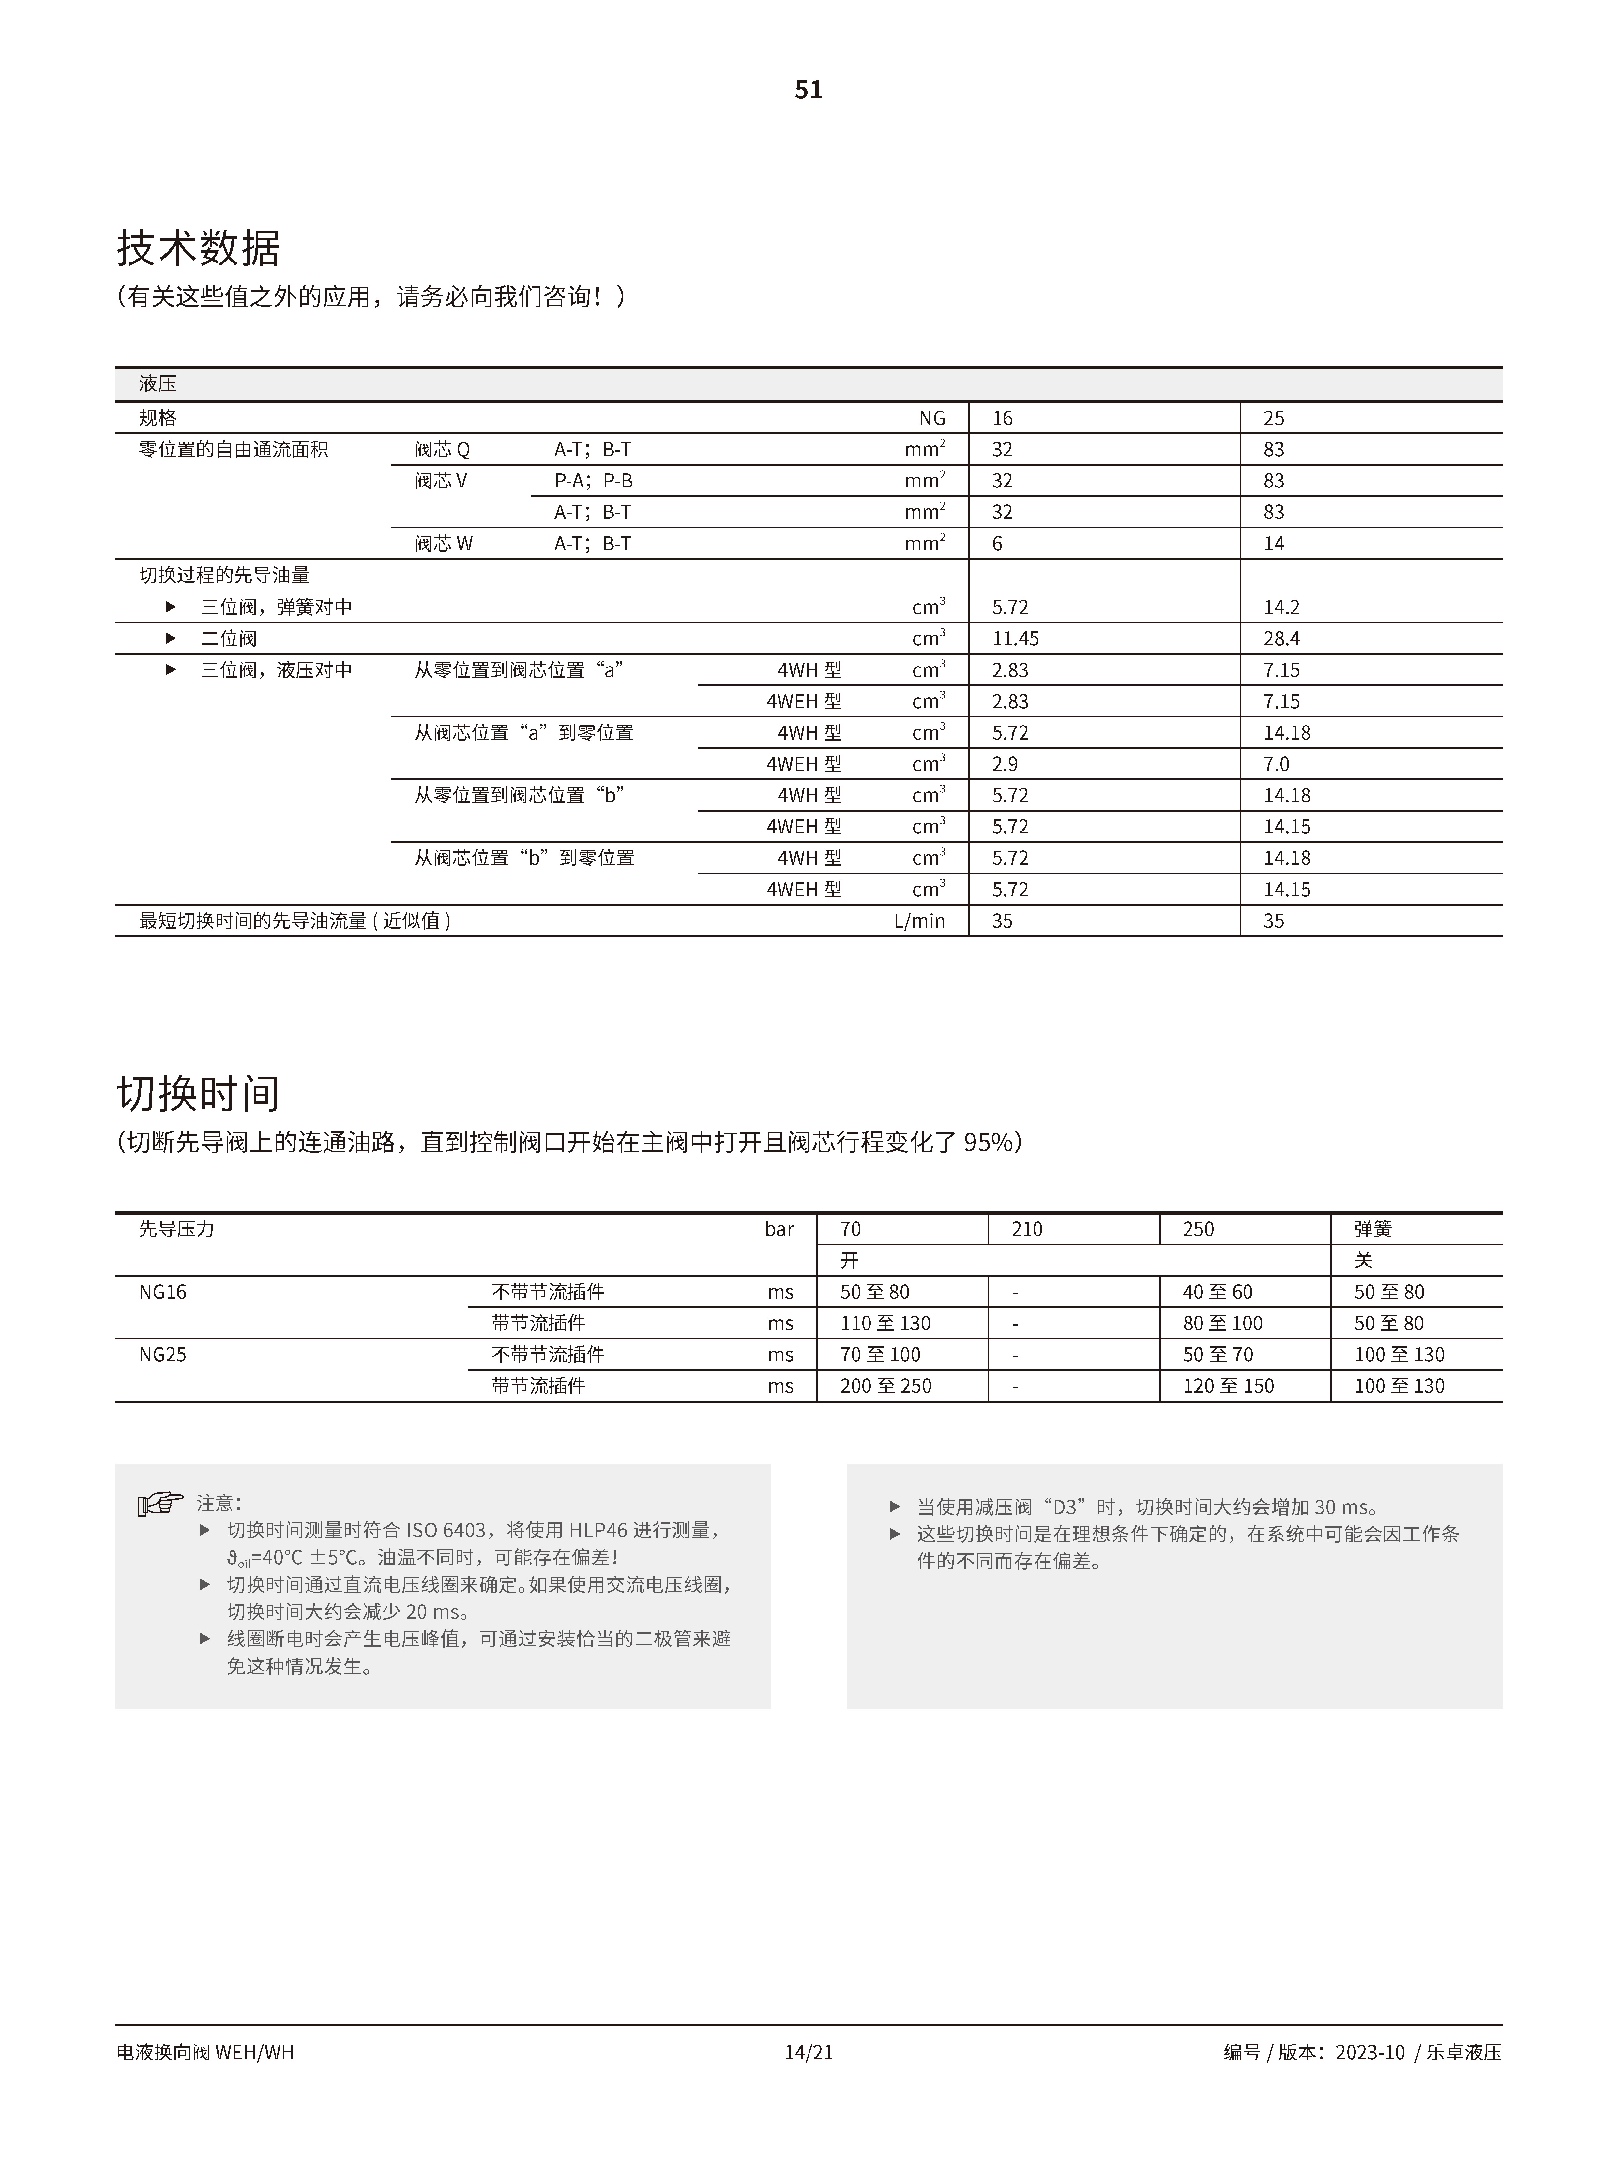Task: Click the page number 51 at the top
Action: coord(809,90)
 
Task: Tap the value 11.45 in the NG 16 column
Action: coord(1015,639)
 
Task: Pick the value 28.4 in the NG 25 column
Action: coord(1281,639)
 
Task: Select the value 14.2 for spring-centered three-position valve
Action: coord(1281,607)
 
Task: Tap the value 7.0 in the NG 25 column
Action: coord(1277,765)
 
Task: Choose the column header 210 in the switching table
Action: coord(1027,1230)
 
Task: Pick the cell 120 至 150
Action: coord(1228,1386)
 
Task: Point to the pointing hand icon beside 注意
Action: coord(160,1505)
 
